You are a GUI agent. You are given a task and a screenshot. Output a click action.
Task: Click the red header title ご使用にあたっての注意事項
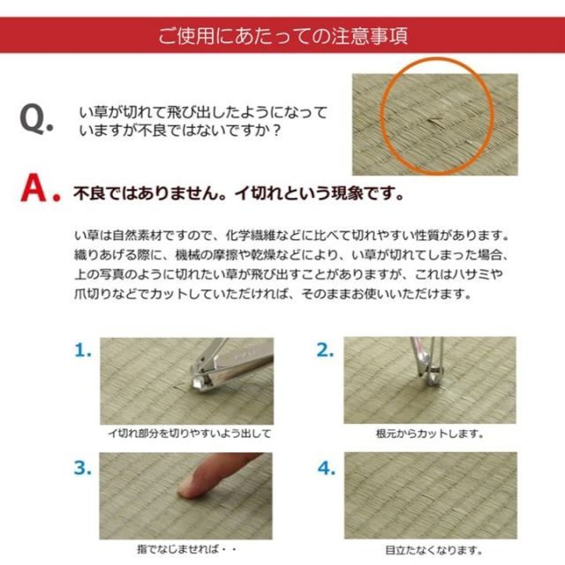pos(282,37)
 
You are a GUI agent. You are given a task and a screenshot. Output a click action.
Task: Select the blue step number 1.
pos(83,350)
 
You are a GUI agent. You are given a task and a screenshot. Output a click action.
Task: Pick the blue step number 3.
pos(83,469)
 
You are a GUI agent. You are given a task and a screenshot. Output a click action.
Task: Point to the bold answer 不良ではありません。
pos(145,192)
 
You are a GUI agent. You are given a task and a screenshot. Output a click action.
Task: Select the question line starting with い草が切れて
pos(203,113)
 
